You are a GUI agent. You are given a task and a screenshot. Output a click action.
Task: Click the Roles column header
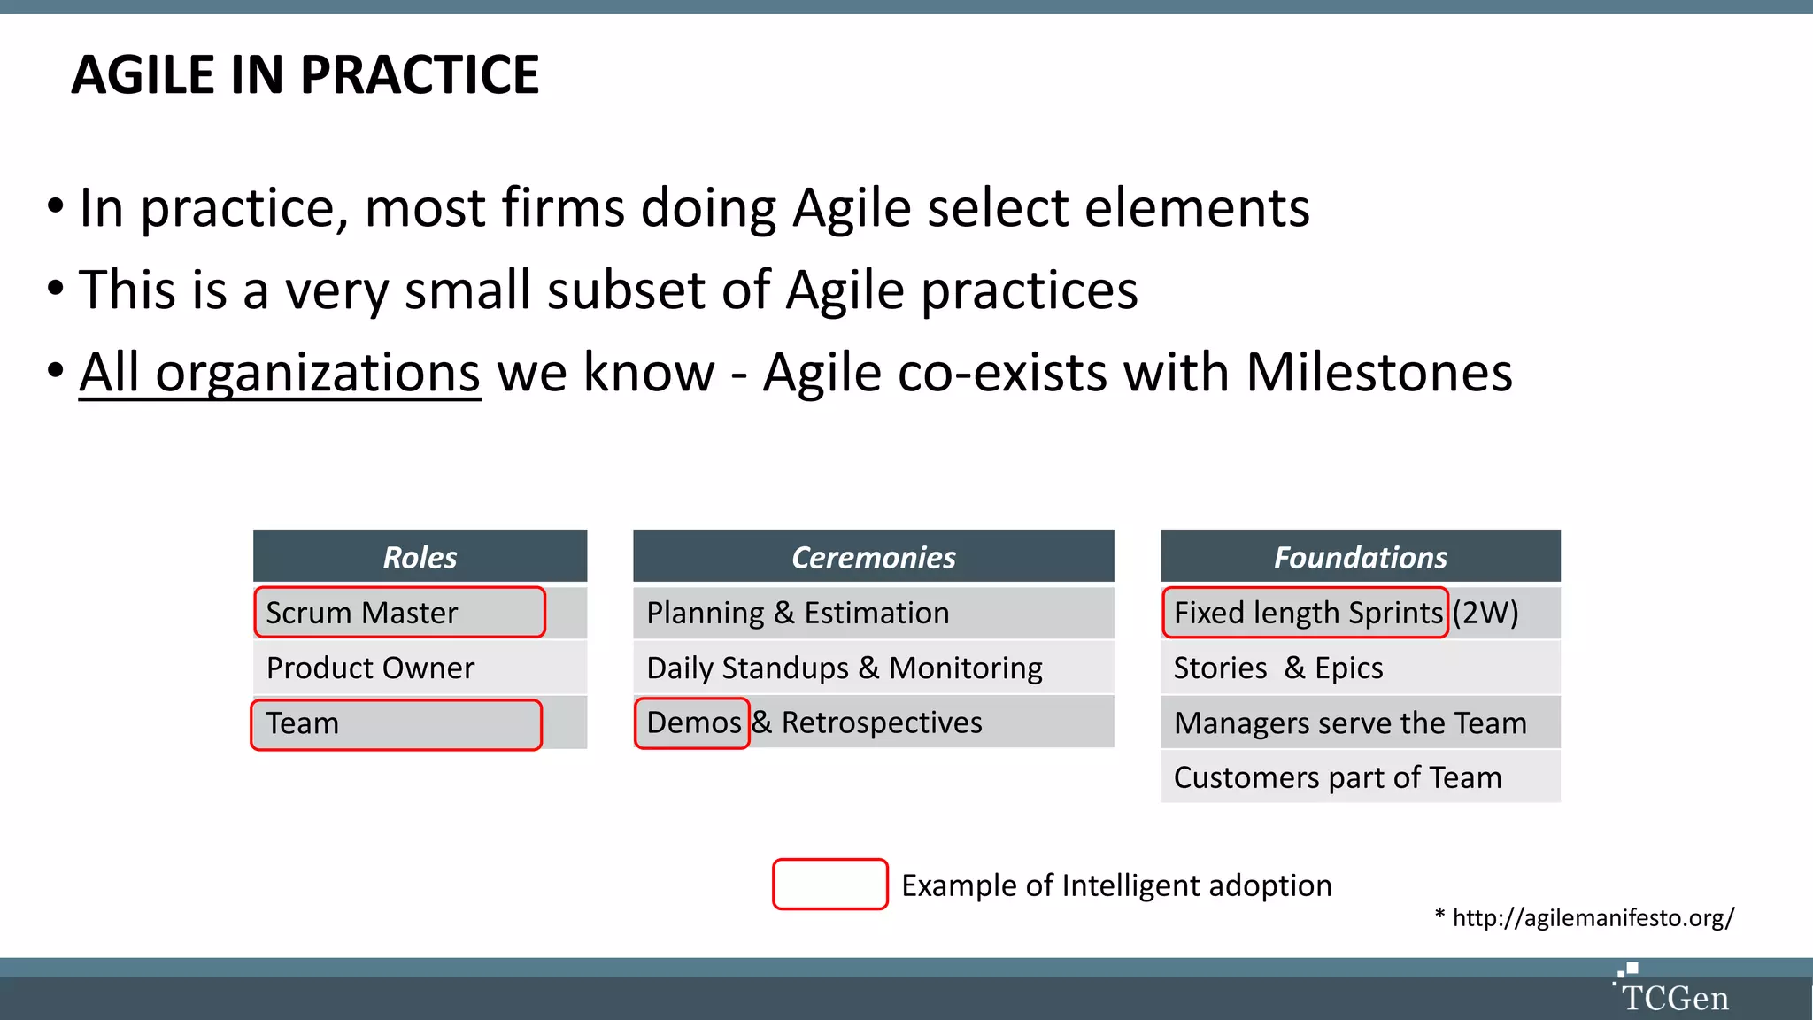point(420,557)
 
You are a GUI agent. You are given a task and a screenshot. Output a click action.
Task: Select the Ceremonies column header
point(873,557)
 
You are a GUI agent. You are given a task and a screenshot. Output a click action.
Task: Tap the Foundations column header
point(1360,557)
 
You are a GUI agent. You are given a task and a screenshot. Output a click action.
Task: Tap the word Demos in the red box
point(693,722)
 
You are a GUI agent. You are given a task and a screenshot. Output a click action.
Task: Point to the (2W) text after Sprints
point(1485,613)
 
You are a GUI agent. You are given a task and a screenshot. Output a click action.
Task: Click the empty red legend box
point(829,884)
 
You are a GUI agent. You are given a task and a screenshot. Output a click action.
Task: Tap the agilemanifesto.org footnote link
point(1593,917)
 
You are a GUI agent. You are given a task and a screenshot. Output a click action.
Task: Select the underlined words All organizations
point(280,373)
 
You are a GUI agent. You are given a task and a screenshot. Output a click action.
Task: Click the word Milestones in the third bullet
point(1378,373)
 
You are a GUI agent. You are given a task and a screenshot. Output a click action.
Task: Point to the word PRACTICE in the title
point(419,74)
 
